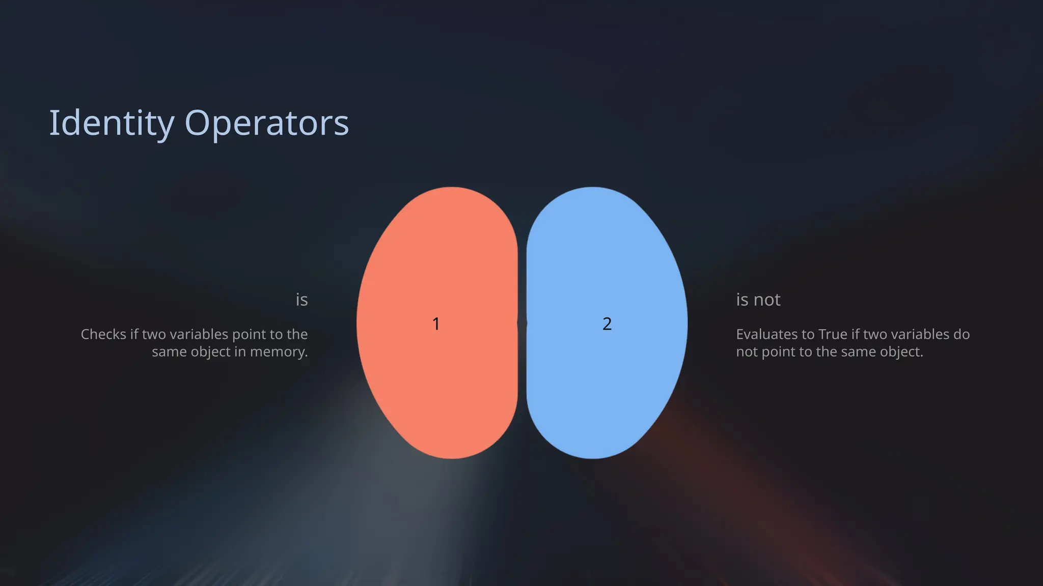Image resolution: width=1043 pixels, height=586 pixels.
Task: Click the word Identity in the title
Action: [112, 123]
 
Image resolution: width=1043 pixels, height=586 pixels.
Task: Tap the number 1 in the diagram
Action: [436, 324]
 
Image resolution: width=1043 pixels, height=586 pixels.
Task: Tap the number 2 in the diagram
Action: [607, 324]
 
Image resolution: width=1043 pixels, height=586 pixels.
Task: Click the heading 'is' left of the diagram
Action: [301, 300]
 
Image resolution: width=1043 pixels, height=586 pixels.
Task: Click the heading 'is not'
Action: [758, 300]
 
